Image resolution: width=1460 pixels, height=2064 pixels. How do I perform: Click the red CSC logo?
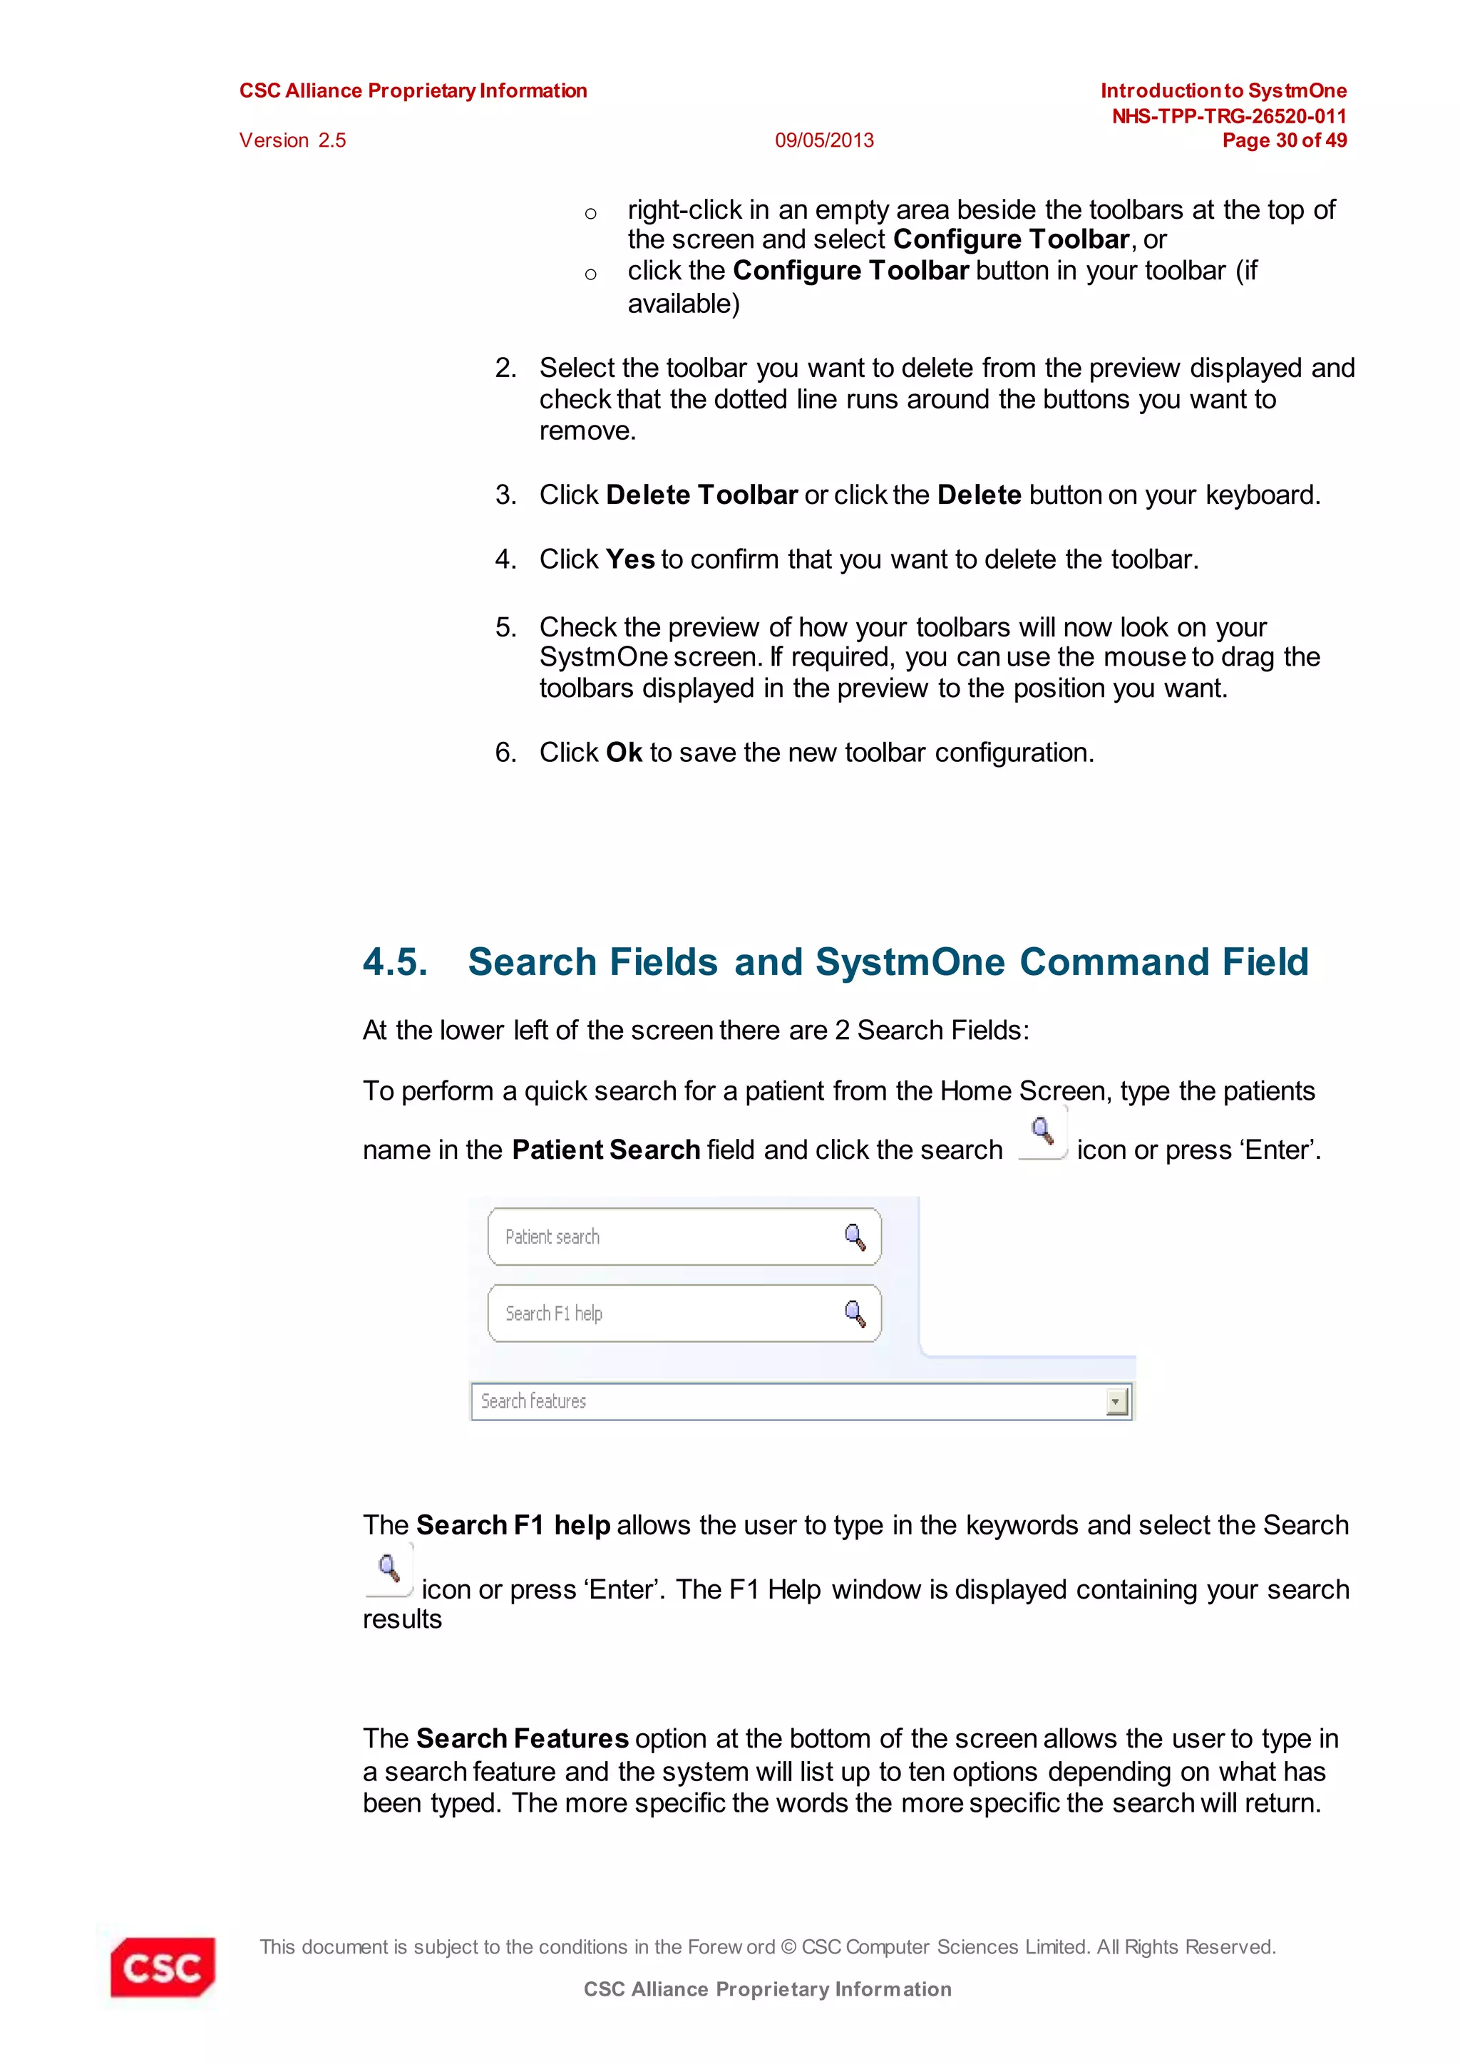(x=163, y=1967)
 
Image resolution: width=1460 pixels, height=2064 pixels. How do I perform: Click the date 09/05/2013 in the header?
(x=823, y=140)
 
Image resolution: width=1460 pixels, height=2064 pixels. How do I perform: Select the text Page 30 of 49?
(x=1284, y=140)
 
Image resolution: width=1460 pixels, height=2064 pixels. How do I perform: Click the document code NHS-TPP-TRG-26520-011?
(x=1228, y=116)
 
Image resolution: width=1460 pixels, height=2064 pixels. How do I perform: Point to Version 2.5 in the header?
(x=292, y=140)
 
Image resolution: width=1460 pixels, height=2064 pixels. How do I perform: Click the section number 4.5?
(x=395, y=962)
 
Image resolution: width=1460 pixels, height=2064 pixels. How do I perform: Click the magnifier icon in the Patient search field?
(x=855, y=1237)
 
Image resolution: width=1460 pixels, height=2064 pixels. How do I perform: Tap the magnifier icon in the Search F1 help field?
(x=855, y=1314)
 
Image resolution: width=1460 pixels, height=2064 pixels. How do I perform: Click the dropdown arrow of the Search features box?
(x=1116, y=1401)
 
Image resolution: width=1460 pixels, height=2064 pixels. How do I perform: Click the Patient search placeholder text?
(x=552, y=1237)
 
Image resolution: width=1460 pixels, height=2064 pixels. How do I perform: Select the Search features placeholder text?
(x=533, y=1401)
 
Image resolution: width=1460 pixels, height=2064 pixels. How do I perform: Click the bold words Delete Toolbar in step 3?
(x=701, y=495)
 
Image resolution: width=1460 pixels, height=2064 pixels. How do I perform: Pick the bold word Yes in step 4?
(x=629, y=559)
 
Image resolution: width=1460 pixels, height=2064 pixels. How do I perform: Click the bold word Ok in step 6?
(x=623, y=753)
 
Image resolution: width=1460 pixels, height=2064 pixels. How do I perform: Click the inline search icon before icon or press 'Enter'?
(x=1042, y=1132)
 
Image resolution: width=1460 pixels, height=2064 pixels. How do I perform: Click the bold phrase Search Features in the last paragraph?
(x=521, y=1738)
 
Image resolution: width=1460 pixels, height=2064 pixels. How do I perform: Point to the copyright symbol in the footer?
(x=788, y=1947)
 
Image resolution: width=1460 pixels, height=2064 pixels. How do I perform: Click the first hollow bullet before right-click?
(x=591, y=214)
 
